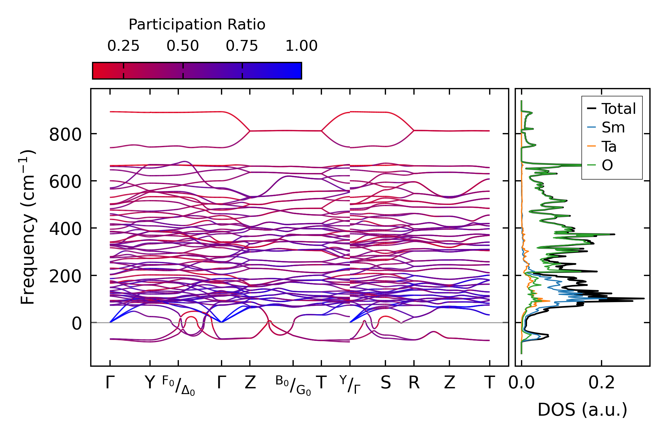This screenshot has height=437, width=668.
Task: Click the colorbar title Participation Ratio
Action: (x=197, y=24)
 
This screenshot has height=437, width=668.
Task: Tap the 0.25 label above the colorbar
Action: (x=123, y=46)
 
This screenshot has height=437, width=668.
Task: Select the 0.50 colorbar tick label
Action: (x=183, y=46)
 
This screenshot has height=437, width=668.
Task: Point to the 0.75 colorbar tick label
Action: (x=242, y=46)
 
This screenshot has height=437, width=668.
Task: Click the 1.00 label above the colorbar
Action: (x=301, y=46)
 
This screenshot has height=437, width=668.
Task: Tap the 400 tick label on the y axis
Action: (x=65, y=229)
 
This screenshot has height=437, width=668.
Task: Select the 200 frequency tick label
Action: (x=65, y=276)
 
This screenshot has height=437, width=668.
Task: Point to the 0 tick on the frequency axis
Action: (x=77, y=323)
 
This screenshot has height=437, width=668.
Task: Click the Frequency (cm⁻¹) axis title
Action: (x=28, y=227)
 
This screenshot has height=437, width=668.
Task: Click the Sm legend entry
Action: (x=613, y=127)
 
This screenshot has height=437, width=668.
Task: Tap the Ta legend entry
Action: (x=609, y=146)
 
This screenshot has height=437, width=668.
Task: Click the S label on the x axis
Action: (x=386, y=383)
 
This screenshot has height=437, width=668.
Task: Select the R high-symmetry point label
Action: (x=414, y=383)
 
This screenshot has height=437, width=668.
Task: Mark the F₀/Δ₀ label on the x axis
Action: (x=179, y=385)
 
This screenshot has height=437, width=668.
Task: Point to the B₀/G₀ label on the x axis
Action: (x=293, y=385)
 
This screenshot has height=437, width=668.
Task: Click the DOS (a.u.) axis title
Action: (x=582, y=410)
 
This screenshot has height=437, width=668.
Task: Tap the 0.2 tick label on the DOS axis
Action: (x=601, y=383)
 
